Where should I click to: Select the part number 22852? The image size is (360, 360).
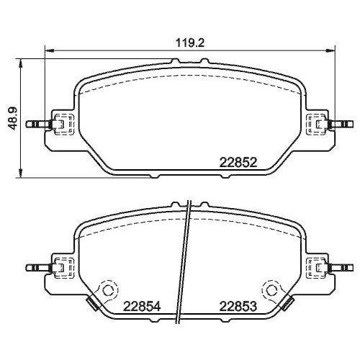tap(238, 163)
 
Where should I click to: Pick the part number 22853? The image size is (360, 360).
tap(238, 305)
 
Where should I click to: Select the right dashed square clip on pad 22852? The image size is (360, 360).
tap(315, 125)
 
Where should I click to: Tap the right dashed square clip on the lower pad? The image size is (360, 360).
tap(315, 266)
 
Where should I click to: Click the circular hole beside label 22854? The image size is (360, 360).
tap(108, 291)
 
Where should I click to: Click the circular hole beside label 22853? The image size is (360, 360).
tap(272, 291)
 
